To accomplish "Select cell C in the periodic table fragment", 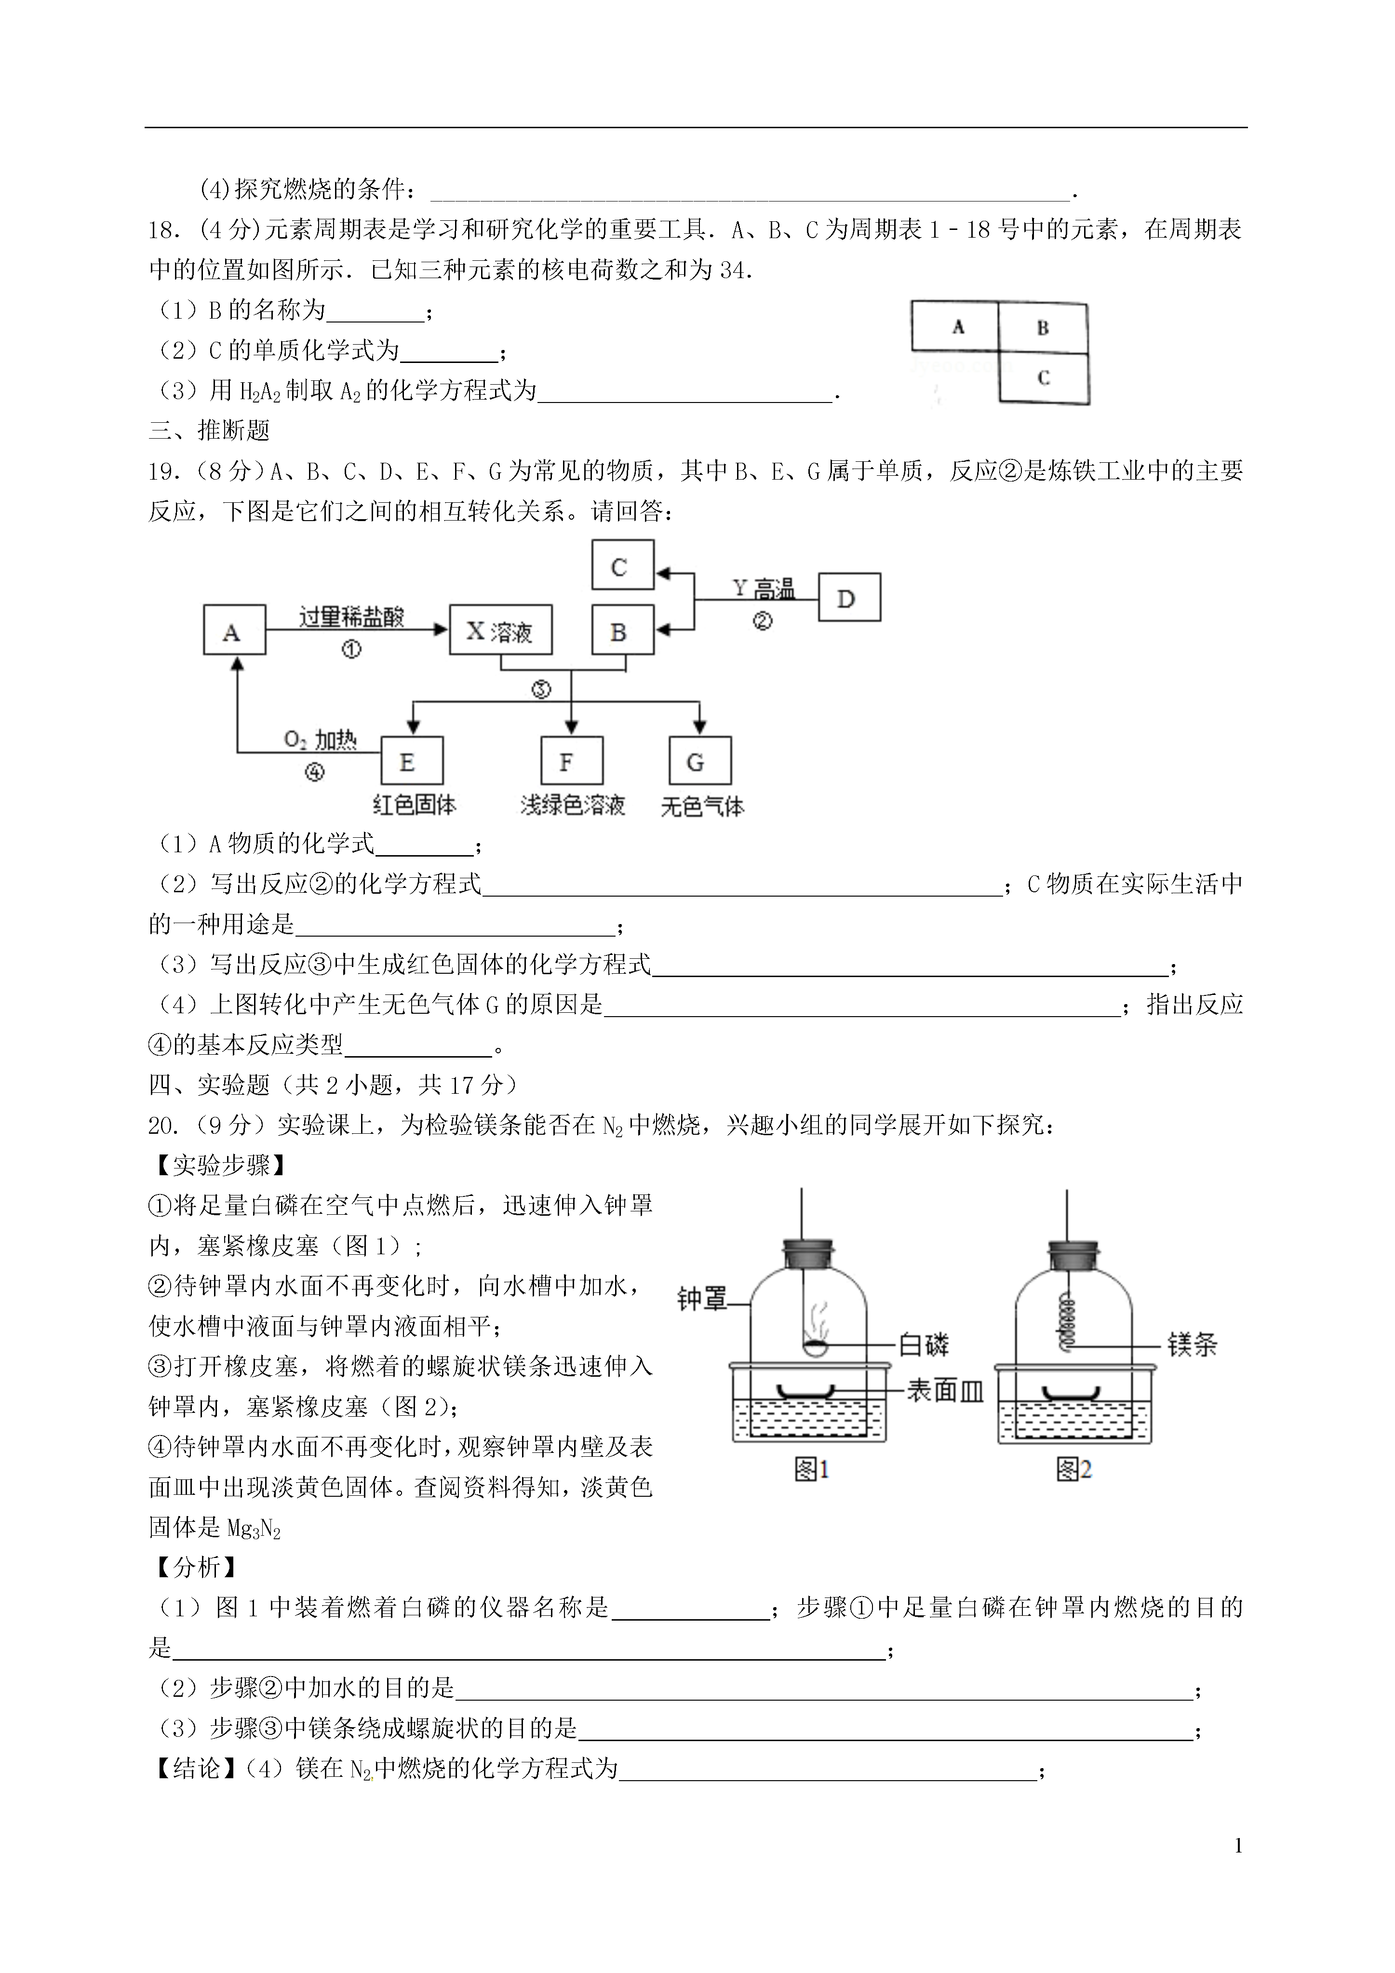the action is click(x=1044, y=377).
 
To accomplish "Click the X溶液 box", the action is click(x=500, y=631).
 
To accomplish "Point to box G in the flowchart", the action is click(x=699, y=761).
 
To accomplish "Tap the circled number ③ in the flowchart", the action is click(x=541, y=689).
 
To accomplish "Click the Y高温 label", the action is click(x=763, y=589).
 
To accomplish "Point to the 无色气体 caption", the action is click(x=701, y=806).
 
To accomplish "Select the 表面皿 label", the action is click(x=945, y=1390).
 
